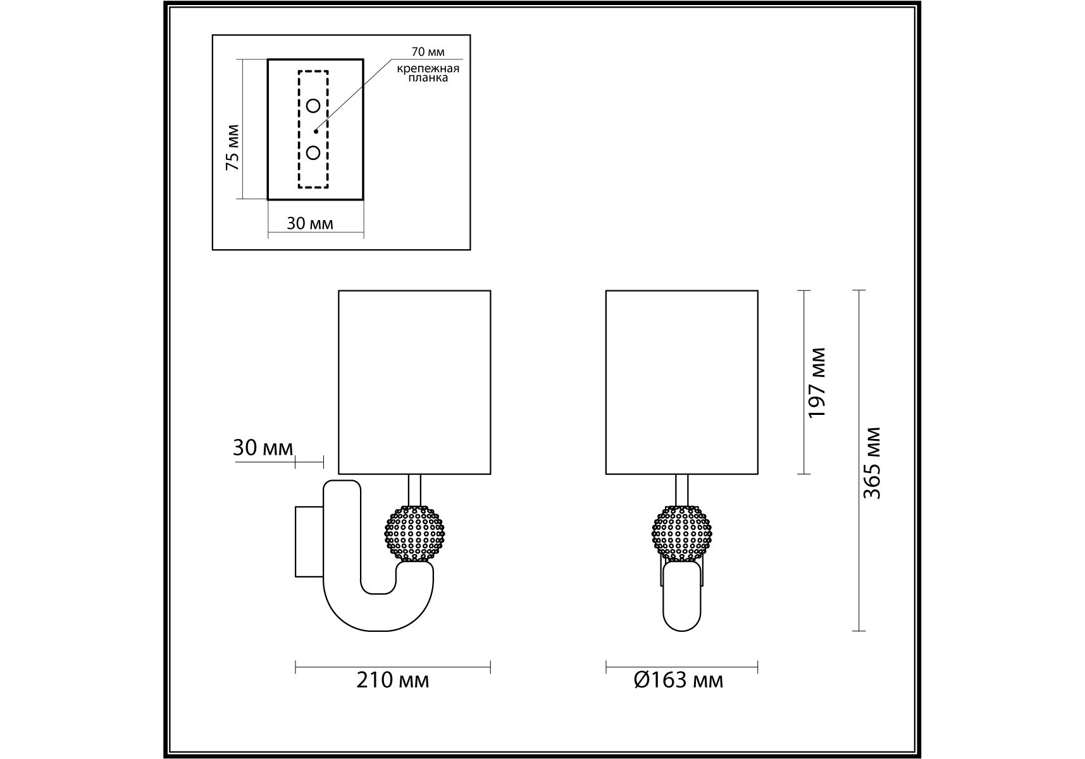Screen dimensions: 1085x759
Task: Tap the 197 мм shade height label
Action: (x=818, y=382)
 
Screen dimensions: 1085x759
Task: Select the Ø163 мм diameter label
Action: (x=678, y=680)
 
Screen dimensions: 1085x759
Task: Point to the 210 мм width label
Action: (x=393, y=680)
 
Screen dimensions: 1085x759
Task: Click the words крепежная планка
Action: (x=428, y=73)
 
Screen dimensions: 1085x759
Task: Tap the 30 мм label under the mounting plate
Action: (x=310, y=223)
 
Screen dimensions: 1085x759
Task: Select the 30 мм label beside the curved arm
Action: (x=263, y=448)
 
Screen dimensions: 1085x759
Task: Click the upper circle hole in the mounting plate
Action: (x=313, y=106)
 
